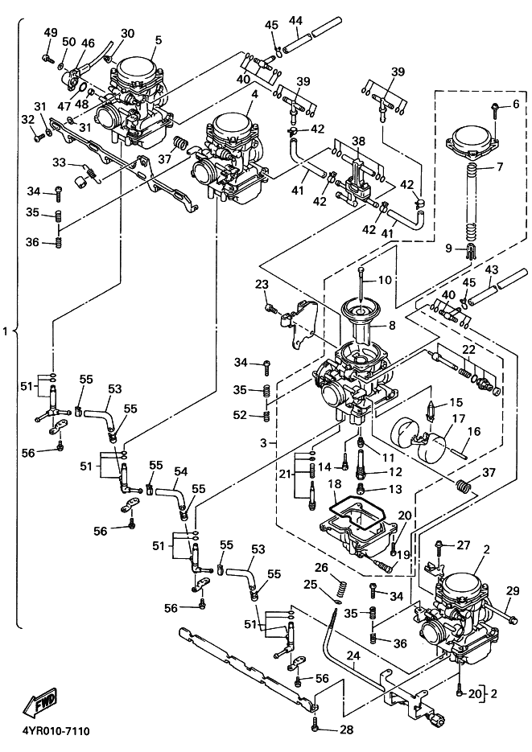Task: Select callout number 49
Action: click(51, 32)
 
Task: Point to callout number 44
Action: click(295, 19)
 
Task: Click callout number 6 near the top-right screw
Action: click(516, 105)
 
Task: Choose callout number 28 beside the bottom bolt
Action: click(346, 729)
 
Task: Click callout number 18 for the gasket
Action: click(332, 485)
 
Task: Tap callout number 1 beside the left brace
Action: click(7, 331)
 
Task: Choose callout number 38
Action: click(358, 142)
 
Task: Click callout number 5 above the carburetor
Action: click(159, 39)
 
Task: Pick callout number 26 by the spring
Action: click(322, 567)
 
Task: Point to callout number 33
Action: click(59, 162)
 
